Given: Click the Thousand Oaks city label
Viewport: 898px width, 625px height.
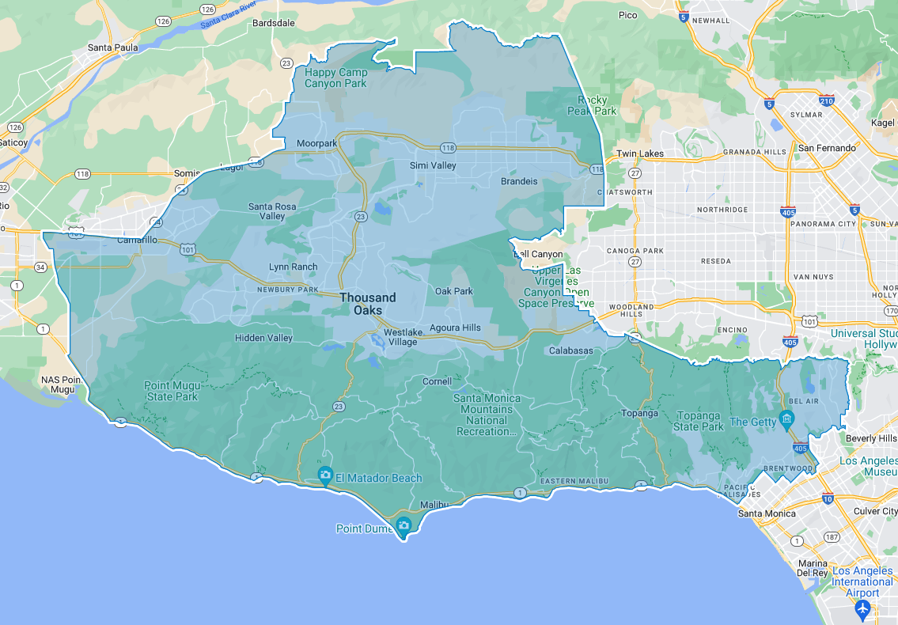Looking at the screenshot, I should pos(368,304).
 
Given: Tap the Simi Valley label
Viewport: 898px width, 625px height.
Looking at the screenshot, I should pos(433,165).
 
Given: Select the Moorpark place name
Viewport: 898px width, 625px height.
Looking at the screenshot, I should pos(316,143).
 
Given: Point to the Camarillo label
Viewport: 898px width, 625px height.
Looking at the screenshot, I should pos(138,240).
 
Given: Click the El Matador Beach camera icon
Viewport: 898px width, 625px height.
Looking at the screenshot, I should pos(324,475).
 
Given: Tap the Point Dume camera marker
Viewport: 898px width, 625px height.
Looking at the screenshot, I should pos(404,525).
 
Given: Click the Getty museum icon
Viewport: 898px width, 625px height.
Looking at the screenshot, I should pos(786,419).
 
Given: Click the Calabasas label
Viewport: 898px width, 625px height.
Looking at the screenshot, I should pos(570,350).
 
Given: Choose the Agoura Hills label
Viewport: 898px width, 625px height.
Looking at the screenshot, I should pos(455,328).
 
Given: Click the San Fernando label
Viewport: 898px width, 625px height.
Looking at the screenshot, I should pos(827,148).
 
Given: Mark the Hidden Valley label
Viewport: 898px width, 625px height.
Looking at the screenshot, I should pos(263,338).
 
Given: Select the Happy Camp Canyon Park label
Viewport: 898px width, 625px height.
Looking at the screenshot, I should pos(336,78).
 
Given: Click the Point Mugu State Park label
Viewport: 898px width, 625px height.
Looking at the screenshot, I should pos(170,391).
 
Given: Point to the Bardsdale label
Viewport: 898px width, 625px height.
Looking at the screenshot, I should pos(273,23).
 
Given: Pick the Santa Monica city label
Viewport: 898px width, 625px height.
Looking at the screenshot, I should pos(766,513).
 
